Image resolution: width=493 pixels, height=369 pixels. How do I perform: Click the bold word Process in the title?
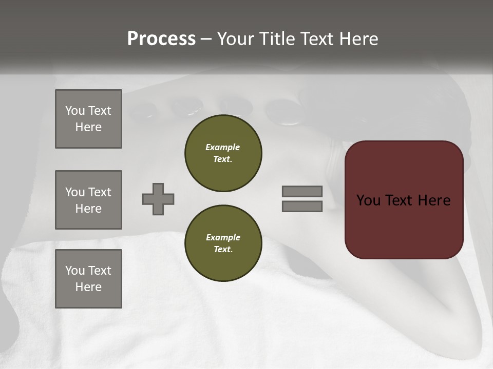161,39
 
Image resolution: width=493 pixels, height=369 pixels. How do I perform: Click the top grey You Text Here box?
88,119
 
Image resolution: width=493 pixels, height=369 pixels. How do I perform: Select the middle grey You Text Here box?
88,200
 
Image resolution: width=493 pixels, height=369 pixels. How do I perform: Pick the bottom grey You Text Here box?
88,278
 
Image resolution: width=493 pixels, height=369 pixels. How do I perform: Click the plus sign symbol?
158,199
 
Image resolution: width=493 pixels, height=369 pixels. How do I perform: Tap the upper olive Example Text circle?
223,153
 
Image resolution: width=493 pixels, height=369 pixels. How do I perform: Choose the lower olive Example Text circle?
223,243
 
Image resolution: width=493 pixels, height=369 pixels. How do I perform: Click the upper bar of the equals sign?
302,191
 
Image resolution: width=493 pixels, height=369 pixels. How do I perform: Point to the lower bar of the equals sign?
302,206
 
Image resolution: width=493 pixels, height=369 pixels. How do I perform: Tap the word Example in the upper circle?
223,147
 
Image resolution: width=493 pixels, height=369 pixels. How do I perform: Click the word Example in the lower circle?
223,237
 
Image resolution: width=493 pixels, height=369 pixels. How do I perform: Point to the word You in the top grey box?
75,111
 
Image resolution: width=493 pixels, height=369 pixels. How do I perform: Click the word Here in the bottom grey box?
88,287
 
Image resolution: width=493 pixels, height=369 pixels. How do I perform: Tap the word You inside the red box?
368,200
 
